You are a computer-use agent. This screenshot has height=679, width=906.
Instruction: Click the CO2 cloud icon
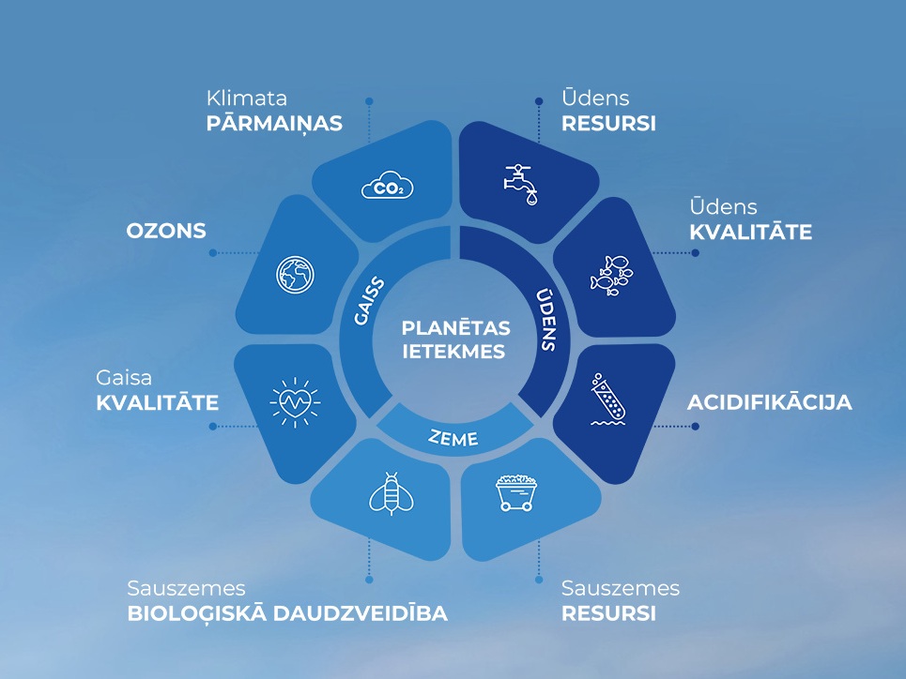tap(387, 186)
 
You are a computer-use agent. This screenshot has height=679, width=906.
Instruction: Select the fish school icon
tap(611, 276)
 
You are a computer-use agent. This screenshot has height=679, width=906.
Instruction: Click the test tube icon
tap(607, 399)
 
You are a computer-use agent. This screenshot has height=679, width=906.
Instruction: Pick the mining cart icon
tap(516, 492)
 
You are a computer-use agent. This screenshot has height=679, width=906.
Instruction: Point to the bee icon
tap(392, 493)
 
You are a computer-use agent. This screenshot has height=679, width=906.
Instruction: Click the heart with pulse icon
tap(295, 402)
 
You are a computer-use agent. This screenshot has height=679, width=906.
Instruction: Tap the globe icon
tap(295, 274)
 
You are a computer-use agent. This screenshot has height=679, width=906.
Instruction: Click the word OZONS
tap(166, 231)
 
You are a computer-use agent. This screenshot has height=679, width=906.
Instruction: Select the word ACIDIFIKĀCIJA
tap(770, 402)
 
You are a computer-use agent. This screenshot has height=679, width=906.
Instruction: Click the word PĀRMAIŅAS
tap(274, 124)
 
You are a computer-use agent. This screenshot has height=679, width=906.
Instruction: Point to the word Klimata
tap(247, 98)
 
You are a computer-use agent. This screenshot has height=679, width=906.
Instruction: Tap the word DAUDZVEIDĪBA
tap(360, 613)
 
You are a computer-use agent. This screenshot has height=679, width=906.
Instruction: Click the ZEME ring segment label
tap(453, 438)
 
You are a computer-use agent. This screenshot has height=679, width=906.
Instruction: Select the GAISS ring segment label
tap(369, 301)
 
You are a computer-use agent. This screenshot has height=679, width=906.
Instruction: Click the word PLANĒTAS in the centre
tap(456, 328)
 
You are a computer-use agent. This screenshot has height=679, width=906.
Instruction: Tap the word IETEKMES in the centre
tap(454, 352)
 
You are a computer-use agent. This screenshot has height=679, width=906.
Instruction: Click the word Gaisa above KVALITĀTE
tap(124, 378)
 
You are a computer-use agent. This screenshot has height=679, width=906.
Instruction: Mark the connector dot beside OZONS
tap(212, 253)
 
